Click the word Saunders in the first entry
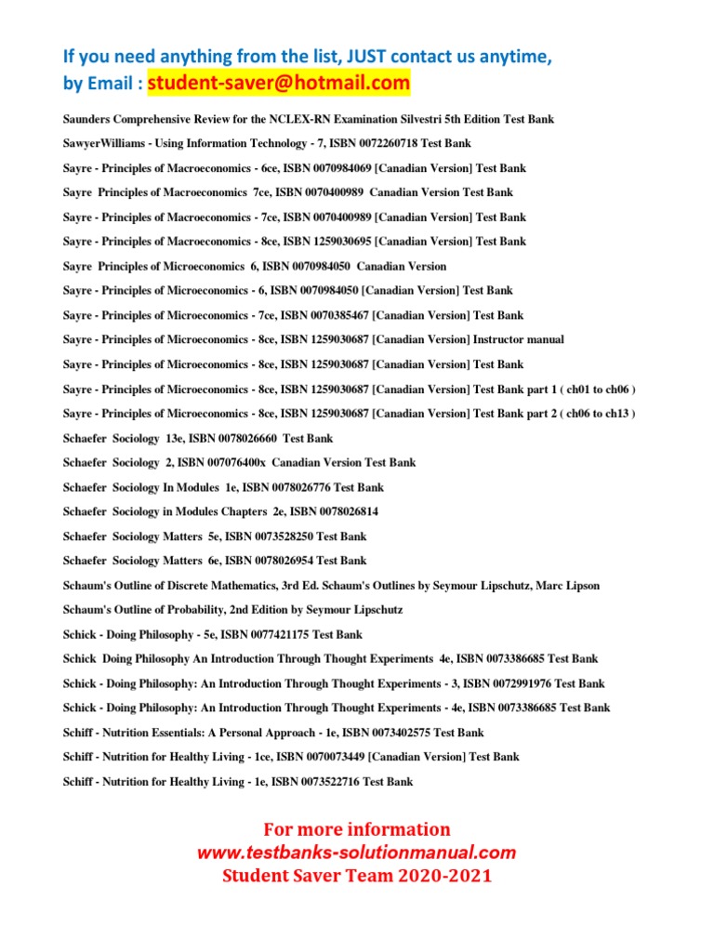(88, 120)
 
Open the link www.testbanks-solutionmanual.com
(356, 853)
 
